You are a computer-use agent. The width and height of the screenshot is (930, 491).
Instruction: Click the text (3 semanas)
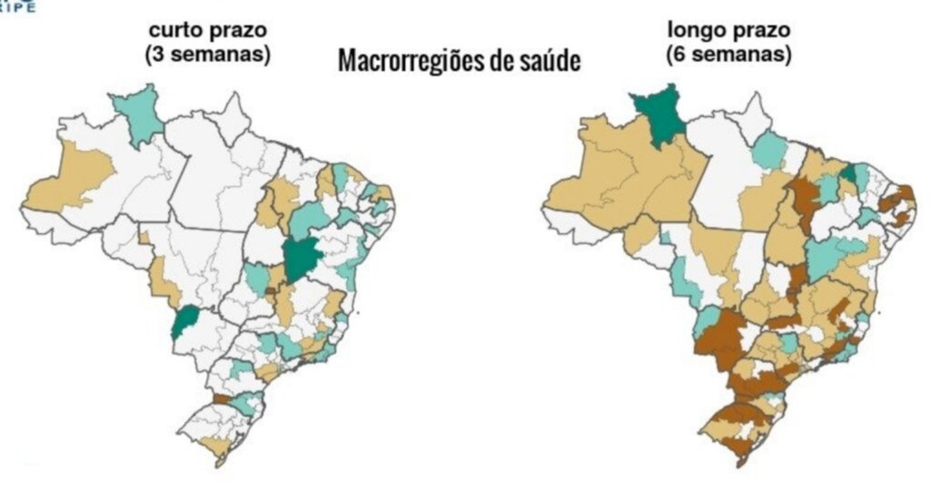207,54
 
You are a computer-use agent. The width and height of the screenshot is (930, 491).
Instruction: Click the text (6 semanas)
727,54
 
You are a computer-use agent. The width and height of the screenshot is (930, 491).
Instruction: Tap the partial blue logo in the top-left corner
18,6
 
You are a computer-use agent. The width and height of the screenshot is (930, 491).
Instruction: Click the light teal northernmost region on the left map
136,113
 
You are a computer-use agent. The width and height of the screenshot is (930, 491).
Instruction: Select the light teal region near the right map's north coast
770,151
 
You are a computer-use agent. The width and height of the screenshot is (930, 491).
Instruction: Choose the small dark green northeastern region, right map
847,173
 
